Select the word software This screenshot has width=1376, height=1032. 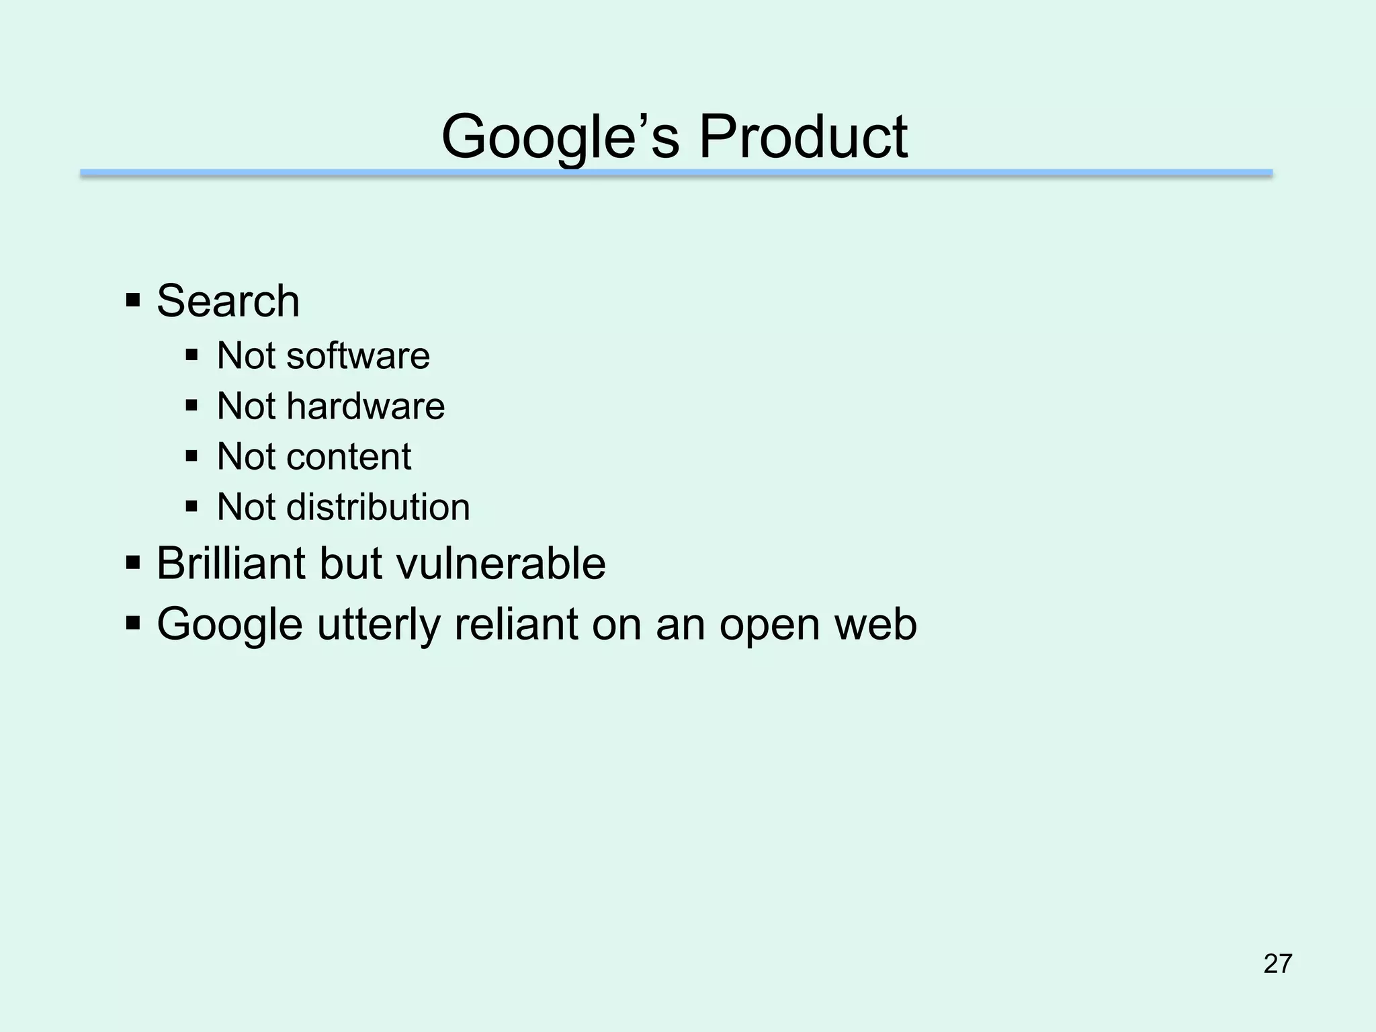coord(357,355)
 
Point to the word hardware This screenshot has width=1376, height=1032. coord(365,406)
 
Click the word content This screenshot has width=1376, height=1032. coord(349,457)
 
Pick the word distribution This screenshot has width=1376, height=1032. coord(378,507)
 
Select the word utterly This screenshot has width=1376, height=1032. coord(379,625)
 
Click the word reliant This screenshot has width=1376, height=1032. coord(516,623)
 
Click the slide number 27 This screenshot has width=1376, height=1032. coord(1278,963)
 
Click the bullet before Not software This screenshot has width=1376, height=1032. coord(192,354)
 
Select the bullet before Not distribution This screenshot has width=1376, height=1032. coord(192,505)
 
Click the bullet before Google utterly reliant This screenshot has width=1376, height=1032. coord(132,622)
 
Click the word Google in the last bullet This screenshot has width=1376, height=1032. coord(230,625)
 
